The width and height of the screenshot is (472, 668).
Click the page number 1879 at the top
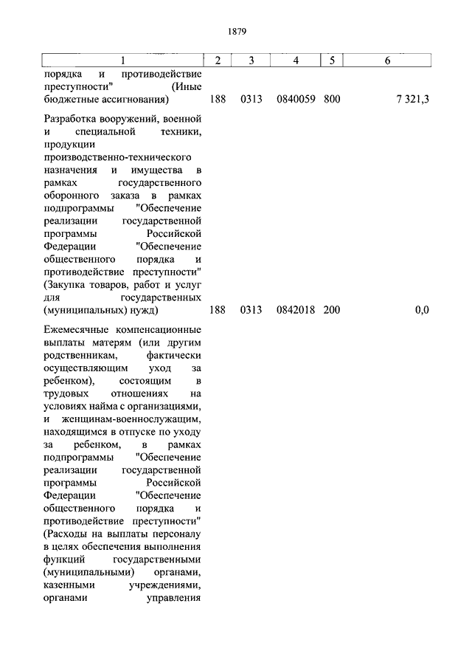click(236, 32)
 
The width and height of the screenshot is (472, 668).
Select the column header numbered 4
click(295, 60)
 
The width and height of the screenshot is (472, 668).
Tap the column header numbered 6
click(387, 60)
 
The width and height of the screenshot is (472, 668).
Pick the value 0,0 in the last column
click(422, 310)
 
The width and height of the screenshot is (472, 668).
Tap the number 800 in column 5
click(332, 98)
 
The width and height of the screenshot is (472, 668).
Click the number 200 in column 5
click(332, 310)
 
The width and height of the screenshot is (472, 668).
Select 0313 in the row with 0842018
click(251, 310)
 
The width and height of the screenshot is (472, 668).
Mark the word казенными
click(68, 585)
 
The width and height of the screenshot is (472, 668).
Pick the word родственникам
click(80, 357)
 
